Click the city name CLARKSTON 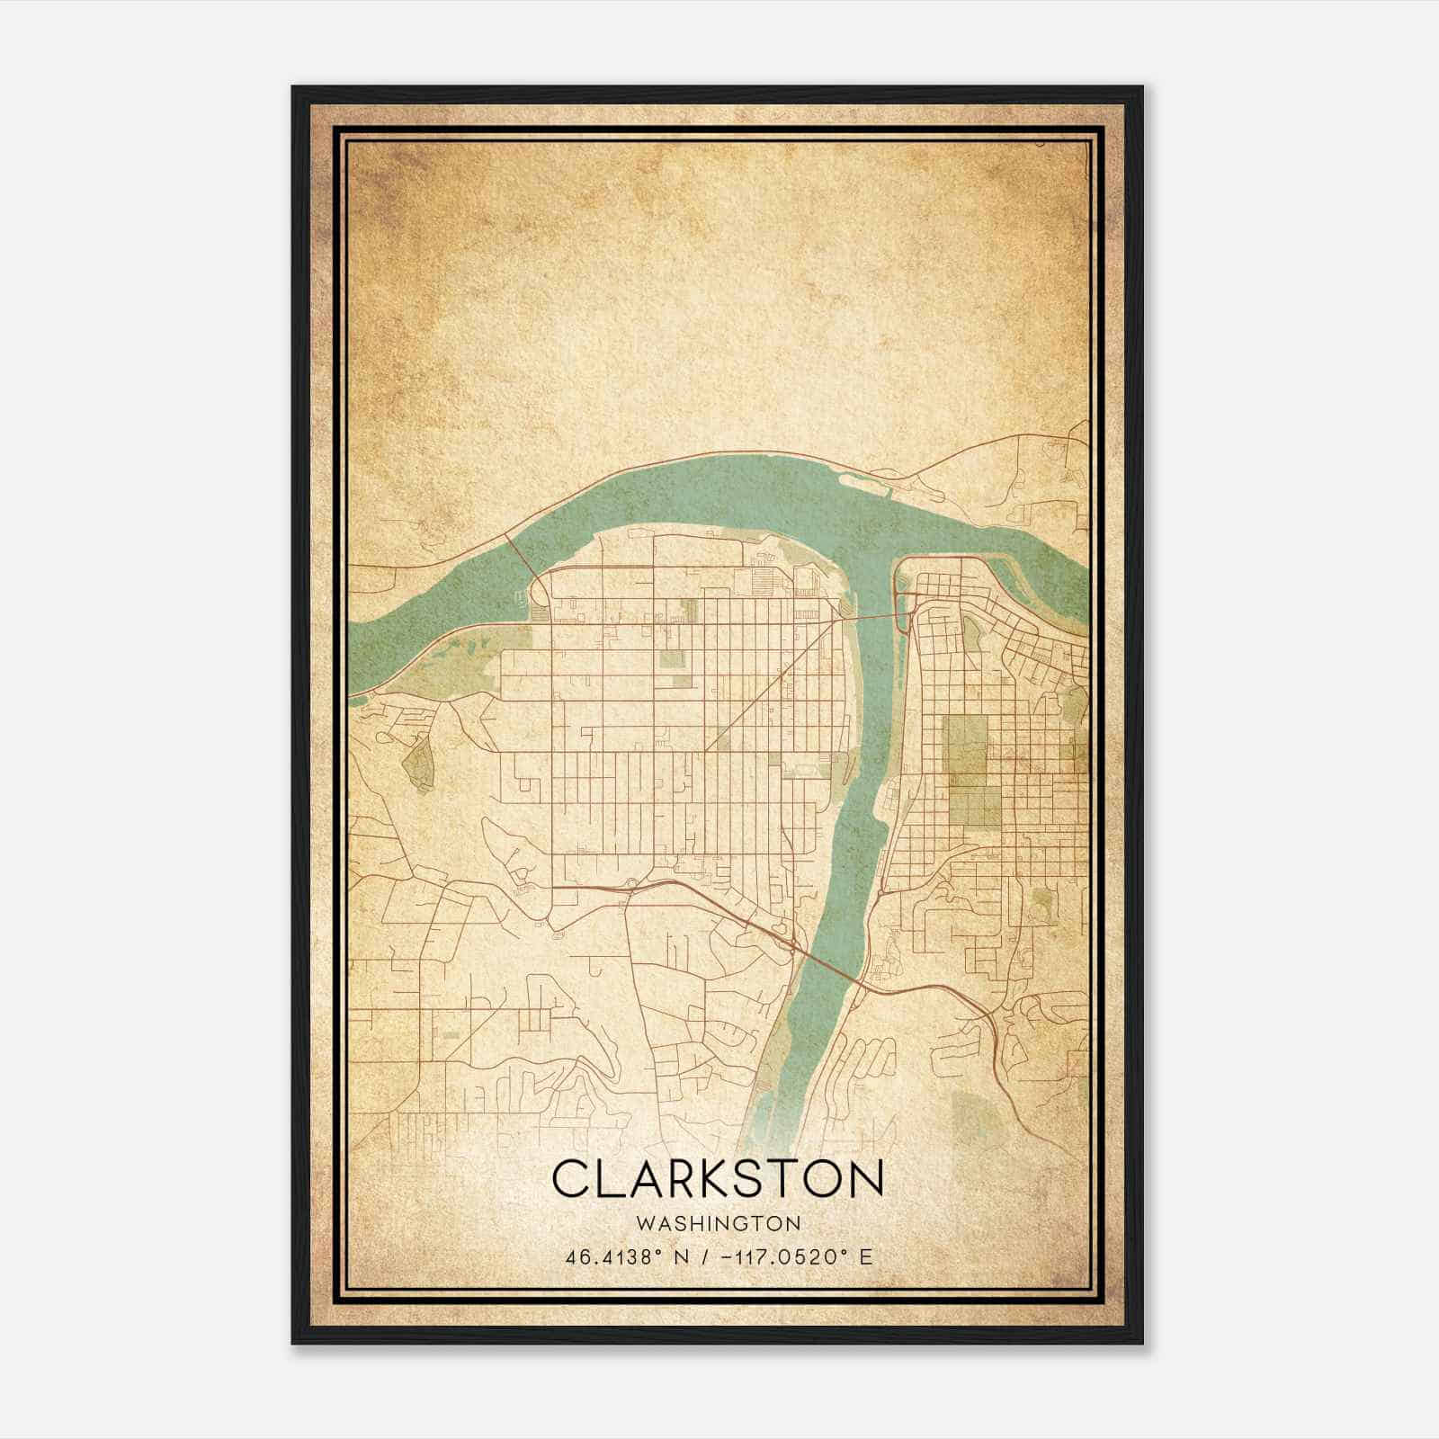tap(718, 1178)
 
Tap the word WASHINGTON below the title tap(718, 1224)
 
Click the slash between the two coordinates tap(702, 1256)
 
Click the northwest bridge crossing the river tap(522, 553)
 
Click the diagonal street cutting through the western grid tap(773, 684)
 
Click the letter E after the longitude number tap(865, 1256)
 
